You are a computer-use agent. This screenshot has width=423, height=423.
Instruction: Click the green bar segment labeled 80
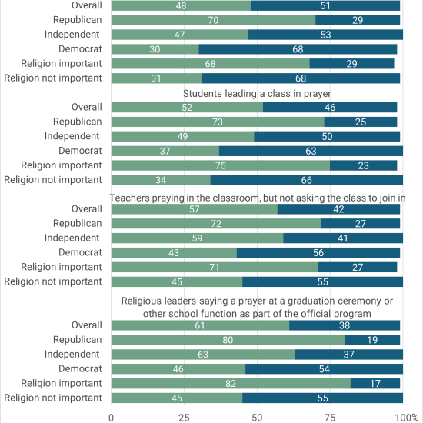click(x=228, y=340)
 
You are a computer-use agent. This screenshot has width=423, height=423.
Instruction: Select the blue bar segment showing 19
click(x=372, y=340)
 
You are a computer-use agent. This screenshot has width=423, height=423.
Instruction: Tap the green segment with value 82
click(x=231, y=383)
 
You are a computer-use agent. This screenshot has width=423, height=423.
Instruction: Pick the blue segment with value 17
click(x=375, y=383)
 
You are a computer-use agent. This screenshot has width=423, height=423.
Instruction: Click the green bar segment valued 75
click(x=221, y=165)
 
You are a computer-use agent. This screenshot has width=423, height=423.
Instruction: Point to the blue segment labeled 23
click(x=363, y=165)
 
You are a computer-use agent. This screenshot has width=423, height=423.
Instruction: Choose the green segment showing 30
click(x=155, y=49)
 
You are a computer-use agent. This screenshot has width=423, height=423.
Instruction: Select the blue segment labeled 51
click(x=325, y=5)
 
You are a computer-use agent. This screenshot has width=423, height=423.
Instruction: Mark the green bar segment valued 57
click(x=195, y=209)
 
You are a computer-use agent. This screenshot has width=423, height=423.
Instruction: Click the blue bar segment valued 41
click(x=343, y=238)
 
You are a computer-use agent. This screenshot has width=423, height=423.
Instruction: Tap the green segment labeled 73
click(x=218, y=122)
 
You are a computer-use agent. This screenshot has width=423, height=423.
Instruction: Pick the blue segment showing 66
click(x=307, y=180)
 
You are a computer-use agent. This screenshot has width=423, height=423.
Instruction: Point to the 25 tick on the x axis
click(x=185, y=418)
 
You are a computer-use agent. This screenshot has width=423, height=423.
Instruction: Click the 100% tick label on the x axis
click(x=407, y=418)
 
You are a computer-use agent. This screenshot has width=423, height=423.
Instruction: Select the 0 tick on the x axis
click(x=112, y=418)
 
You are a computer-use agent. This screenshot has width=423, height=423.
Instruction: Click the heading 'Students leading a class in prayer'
click(x=257, y=94)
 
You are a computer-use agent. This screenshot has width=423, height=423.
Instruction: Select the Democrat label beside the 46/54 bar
click(x=80, y=368)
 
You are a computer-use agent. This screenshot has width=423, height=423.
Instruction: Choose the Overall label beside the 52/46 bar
click(x=87, y=107)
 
